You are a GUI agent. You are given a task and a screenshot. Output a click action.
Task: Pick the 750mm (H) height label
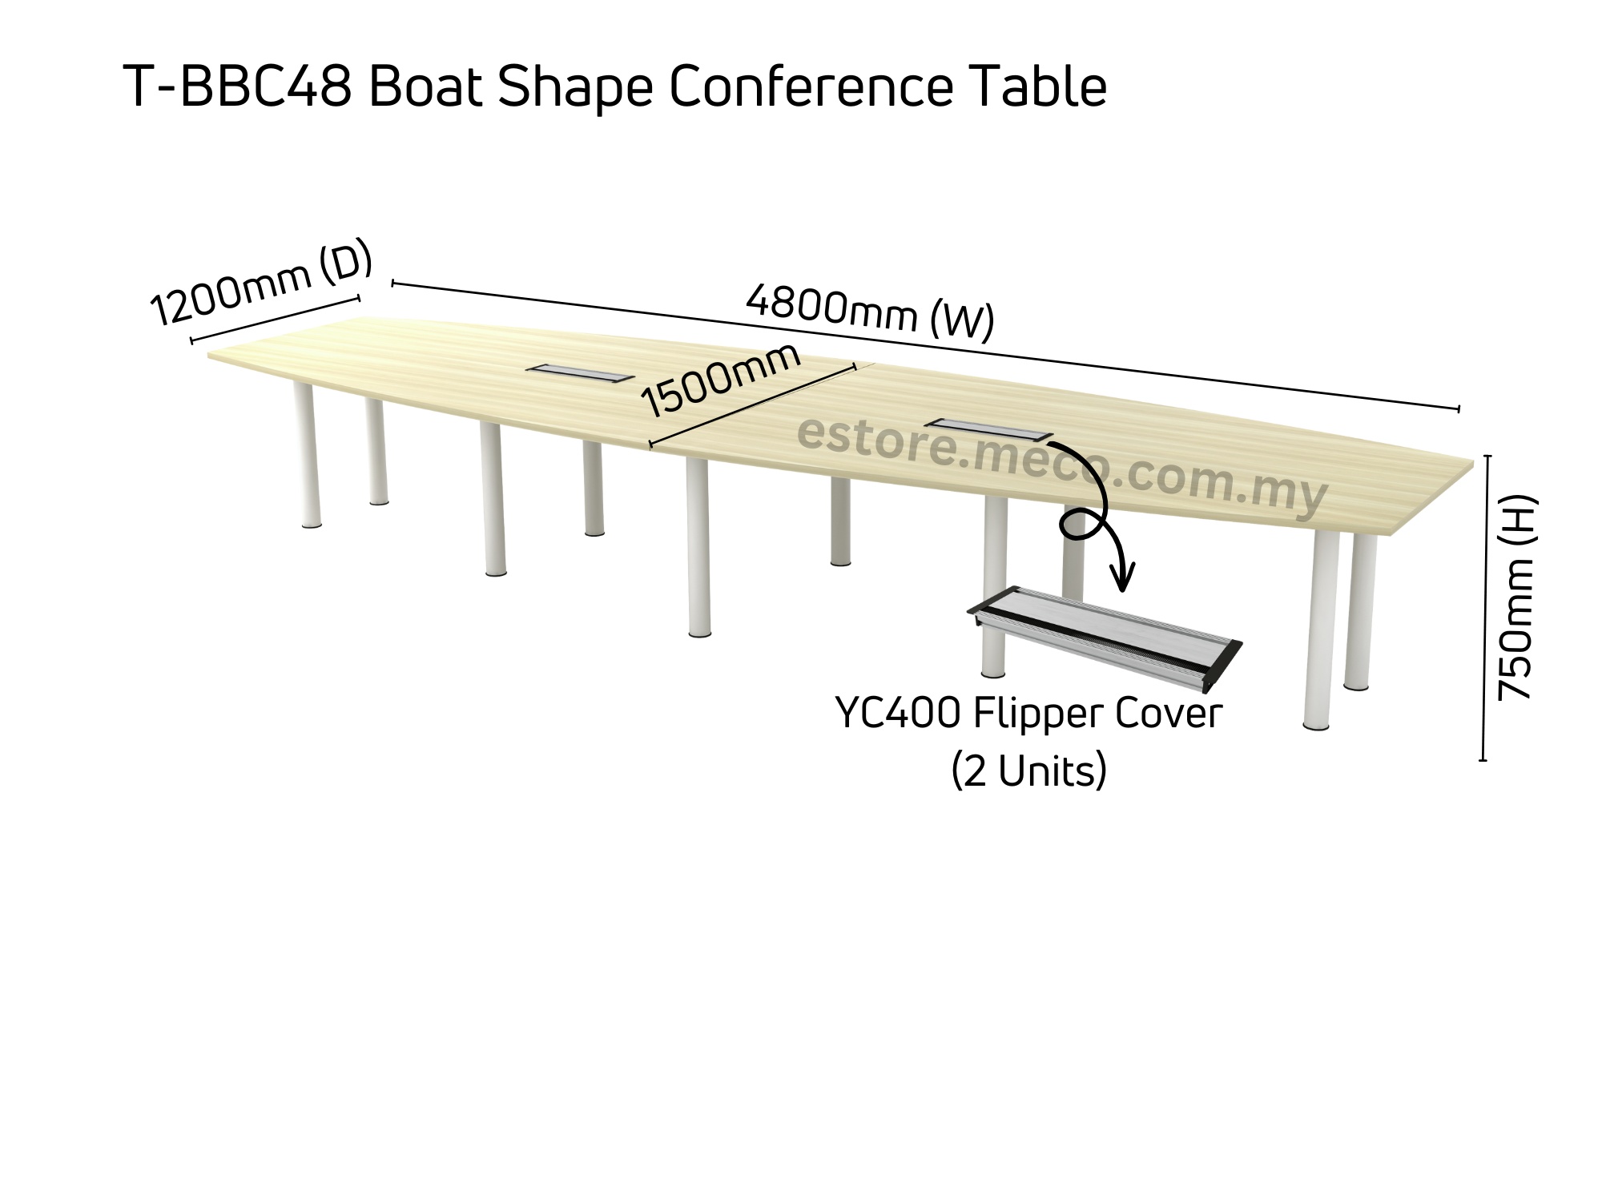click(x=1516, y=598)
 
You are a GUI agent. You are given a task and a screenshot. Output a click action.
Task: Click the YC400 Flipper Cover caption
click(x=1028, y=713)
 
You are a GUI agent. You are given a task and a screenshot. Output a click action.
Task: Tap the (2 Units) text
click(x=1029, y=771)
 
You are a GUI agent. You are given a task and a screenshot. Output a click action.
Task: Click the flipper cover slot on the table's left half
click(x=580, y=372)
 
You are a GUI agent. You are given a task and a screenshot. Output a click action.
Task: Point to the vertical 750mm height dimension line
click(x=1485, y=608)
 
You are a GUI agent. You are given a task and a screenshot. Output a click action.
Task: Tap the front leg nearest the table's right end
click(x=1318, y=630)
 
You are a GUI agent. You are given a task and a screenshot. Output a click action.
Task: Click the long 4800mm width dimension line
click(x=925, y=346)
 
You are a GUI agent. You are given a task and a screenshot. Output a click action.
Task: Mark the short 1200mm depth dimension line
click(x=276, y=320)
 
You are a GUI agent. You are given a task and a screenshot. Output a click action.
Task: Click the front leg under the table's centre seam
click(x=698, y=548)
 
